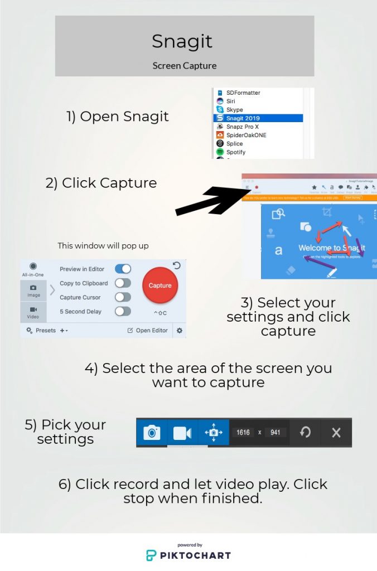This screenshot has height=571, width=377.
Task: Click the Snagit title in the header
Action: point(184,41)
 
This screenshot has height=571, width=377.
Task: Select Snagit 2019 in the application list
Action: point(243,118)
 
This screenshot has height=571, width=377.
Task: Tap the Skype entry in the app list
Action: point(234,110)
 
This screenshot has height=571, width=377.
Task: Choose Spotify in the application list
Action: point(235,152)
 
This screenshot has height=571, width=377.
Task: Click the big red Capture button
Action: point(160,285)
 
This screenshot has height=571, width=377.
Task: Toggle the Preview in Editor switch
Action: point(123,269)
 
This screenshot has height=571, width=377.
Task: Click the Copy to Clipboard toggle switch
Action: point(123,283)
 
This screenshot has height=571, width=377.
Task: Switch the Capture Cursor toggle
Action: point(123,297)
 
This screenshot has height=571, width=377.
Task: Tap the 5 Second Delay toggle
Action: point(123,311)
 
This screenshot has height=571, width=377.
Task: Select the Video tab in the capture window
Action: point(33,312)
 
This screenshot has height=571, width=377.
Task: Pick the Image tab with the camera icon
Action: point(33,291)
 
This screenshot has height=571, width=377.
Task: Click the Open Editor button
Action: point(148,330)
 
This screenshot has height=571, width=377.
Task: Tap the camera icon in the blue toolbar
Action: point(152,432)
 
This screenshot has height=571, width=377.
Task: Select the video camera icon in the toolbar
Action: point(182,433)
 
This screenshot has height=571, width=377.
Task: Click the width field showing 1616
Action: point(243,432)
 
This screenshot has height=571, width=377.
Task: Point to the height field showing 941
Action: point(275,432)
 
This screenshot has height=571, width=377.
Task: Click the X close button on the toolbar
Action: point(336,432)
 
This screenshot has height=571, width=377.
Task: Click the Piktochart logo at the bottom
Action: point(188,554)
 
